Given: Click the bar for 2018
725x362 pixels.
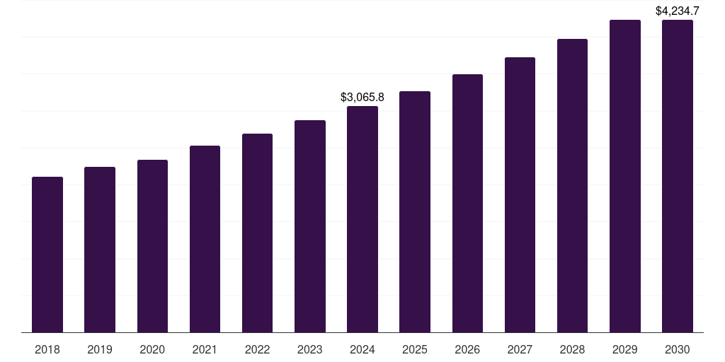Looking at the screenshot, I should (47, 255).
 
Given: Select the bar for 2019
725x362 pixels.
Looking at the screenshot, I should (100, 250).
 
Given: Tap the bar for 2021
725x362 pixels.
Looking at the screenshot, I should (205, 239).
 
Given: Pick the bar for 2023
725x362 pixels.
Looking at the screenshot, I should (310, 226).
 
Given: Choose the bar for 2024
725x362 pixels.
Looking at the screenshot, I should (362, 219).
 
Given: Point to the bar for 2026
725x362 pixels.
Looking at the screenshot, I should (467, 204).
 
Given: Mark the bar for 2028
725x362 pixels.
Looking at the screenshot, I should (572, 185).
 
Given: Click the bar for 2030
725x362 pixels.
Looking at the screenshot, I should (678, 176).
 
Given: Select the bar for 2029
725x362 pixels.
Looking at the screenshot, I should (625, 176).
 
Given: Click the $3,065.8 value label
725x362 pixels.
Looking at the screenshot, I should (362, 97).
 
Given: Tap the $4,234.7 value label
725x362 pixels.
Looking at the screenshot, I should (678, 11).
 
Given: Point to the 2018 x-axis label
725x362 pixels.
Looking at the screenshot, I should (47, 349).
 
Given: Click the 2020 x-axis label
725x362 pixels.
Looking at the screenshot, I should (152, 349).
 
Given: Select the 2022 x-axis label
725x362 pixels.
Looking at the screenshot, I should (258, 349).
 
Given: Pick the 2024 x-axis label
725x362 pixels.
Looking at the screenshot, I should (362, 349).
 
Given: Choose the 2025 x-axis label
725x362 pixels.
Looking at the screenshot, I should (415, 349).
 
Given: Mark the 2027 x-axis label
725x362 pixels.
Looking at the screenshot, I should (520, 349).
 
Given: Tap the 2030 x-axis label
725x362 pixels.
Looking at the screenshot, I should (678, 349).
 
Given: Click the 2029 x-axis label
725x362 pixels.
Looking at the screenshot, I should (625, 349).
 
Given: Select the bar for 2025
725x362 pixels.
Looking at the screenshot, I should (415, 212).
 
